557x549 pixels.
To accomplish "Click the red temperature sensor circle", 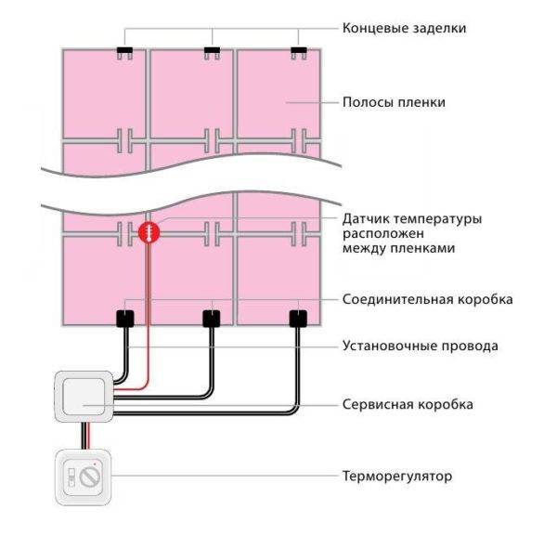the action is click(x=149, y=232).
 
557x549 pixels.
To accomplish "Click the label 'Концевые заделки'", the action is click(x=404, y=29).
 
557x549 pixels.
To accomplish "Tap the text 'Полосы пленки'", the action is click(x=394, y=102).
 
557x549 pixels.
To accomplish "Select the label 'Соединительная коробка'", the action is click(x=427, y=299).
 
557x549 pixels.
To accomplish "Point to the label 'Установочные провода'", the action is click(x=420, y=346).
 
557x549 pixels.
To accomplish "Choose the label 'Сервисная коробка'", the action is click(x=408, y=404).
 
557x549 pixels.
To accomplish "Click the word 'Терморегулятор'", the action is click(x=397, y=476).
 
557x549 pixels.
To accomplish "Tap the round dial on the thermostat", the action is click(x=90, y=477).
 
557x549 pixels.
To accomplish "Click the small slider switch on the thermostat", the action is click(x=71, y=477).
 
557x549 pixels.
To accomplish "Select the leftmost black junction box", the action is click(x=125, y=319).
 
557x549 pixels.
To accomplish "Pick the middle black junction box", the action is click(x=212, y=319).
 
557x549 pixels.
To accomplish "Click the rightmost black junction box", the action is click(x=298, y=319).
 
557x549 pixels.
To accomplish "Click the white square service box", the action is click(x=84, y=397).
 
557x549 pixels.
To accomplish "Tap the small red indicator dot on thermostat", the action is click(x=95, y=464).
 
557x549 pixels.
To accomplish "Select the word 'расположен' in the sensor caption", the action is click(x=383, y=234).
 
